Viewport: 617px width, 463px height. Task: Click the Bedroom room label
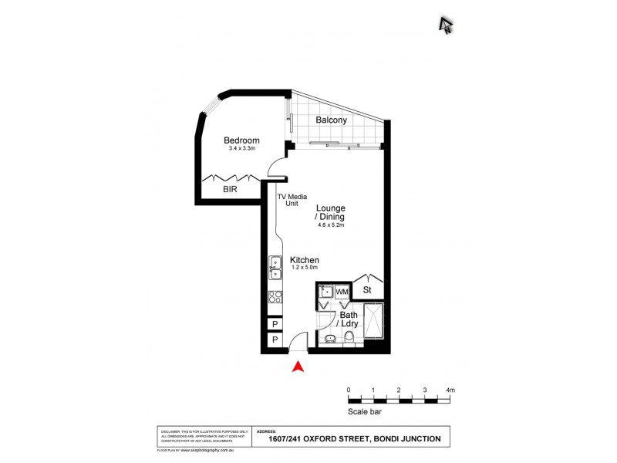[241, 140]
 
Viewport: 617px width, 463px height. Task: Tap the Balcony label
[331, 120]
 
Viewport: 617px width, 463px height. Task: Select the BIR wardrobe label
[231, 188]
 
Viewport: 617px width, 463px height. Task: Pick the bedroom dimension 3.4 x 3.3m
[242, 149]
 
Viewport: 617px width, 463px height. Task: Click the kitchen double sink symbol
[275, 267]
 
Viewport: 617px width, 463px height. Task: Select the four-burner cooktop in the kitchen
[274, 295]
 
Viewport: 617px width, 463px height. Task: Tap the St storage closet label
[368, 291]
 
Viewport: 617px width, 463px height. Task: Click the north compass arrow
[446, 25]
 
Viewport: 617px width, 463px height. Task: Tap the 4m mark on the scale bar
[450, 391]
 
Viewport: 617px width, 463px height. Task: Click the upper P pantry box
[274, 325]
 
